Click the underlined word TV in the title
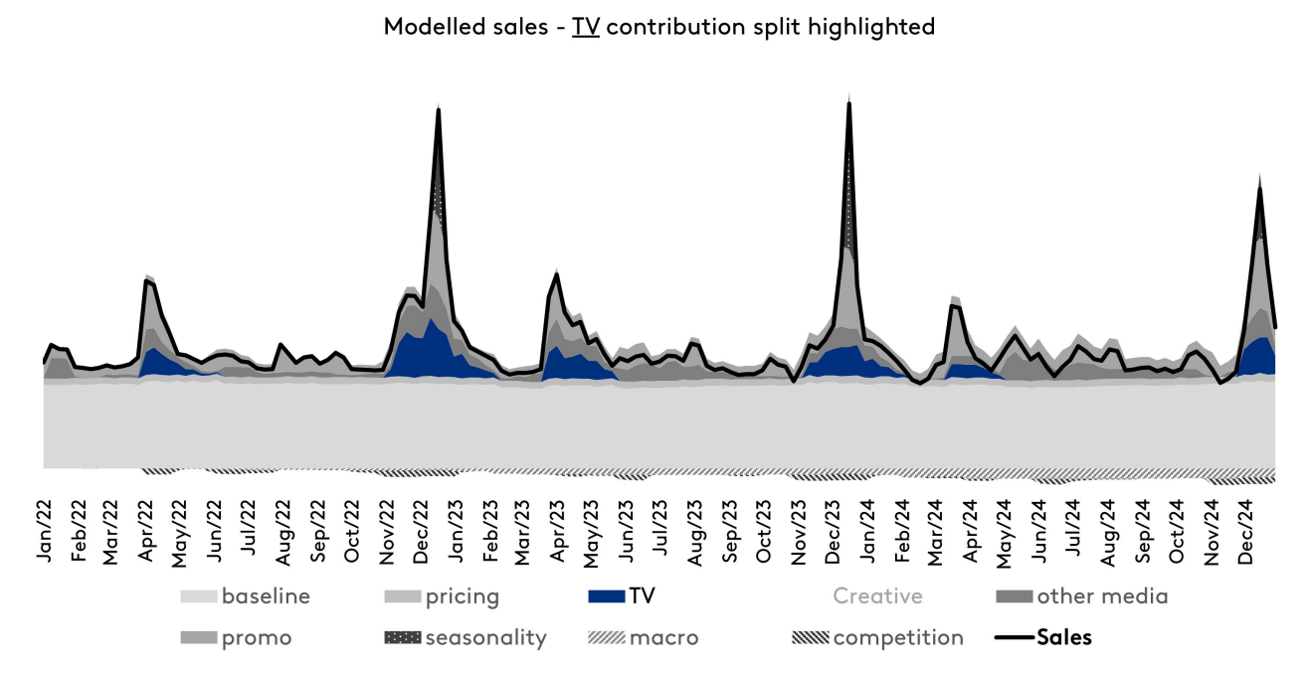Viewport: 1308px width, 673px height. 585,27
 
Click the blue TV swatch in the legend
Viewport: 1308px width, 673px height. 607,596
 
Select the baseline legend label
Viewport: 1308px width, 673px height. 266,596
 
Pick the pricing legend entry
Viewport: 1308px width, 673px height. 462,596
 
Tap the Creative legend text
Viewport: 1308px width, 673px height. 877,596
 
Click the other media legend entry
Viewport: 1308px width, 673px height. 1102,596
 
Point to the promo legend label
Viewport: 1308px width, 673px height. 257,637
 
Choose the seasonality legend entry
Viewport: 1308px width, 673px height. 485,637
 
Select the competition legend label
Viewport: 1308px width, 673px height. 898,637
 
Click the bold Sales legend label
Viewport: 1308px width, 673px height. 1063,637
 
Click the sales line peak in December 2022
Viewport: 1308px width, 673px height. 439,108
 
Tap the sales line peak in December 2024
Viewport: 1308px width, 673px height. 1260,188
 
